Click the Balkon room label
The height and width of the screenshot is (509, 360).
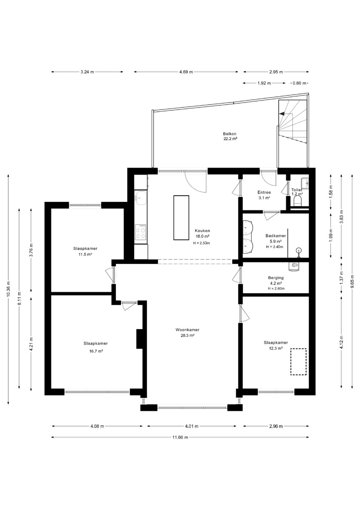(x=230, y=134)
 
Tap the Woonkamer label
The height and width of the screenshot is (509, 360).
(x=187, y=330)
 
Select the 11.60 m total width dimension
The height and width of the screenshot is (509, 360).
(x=180, y=437)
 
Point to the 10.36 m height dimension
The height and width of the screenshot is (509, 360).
(x=8, y=289)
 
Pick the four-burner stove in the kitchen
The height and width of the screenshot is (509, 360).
(x=141, y=232)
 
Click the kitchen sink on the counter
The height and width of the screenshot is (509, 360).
(x=141, y=198)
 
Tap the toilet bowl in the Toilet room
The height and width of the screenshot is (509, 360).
(x=298, y=201)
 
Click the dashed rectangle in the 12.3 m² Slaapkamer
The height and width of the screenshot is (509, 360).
(x=298, y=362)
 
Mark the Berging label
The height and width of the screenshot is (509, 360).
(x=276, y=278)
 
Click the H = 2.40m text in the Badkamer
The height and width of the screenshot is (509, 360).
(x=275, y=247)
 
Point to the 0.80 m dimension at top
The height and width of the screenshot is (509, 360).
(x=299, y=83)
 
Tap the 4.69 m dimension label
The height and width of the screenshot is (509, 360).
(x=186, y=72)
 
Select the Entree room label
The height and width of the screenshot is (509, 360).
(x=264, y=192)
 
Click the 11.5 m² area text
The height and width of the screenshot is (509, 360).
(x=85, y=255)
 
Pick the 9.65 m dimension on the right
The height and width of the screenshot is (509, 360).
(x=352, y=282)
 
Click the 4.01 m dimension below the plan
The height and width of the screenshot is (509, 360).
(x=192, y=426)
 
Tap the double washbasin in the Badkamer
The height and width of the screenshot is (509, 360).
(x=248, y=236)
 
